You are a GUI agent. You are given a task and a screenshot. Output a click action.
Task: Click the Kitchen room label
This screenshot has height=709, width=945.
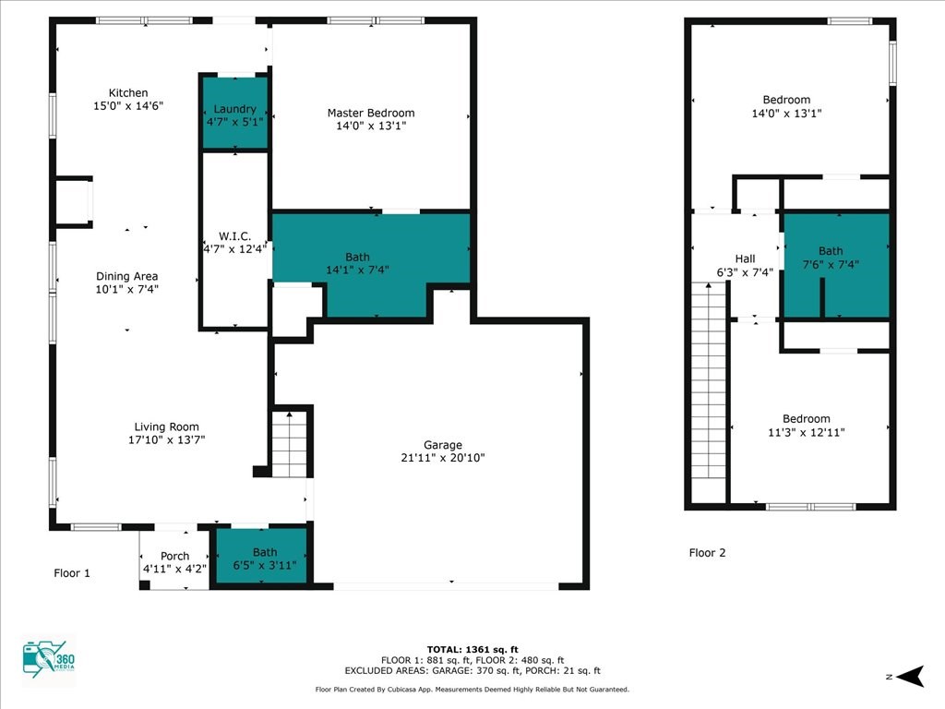(x=127, y=93)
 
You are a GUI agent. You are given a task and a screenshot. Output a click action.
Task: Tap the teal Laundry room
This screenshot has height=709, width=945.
(x=234, y=112)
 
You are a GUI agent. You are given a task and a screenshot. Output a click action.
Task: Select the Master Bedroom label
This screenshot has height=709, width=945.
(x=371, y=113)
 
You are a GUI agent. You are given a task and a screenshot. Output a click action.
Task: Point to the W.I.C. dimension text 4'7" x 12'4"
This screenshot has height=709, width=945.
(x=234, y=248)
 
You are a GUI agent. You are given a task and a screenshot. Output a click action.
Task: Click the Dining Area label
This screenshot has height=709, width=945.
(x=126, y=276)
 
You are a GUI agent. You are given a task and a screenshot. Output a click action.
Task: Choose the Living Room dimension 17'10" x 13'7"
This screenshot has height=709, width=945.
(x=166, y=439)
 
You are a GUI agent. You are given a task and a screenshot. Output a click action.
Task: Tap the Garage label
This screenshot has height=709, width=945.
(x=443, y=445)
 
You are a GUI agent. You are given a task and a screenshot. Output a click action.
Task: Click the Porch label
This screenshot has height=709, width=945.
(x=174, y=556)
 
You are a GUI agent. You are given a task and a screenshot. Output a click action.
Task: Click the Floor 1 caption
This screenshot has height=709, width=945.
(x=72, y=572)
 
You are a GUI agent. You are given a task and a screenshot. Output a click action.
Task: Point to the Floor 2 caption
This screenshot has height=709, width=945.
(x=707, y=552)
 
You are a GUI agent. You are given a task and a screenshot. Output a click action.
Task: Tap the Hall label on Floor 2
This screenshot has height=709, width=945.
(x=745, y=258)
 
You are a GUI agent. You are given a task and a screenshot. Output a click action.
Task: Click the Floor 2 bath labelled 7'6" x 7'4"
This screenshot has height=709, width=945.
(x=836, y=265)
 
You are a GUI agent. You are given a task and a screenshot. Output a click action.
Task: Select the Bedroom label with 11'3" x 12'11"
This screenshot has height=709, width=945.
(x=807, y=418)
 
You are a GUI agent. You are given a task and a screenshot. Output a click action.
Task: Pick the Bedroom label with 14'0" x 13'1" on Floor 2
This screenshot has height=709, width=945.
(x=786, y=100)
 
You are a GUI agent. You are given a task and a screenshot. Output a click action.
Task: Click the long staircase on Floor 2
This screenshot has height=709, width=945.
(x=709, y=391)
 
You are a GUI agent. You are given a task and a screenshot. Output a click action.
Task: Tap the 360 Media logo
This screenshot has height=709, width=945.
(x=49, y=659)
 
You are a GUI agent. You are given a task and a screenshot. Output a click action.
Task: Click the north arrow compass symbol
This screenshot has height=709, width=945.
(x=910, y=677)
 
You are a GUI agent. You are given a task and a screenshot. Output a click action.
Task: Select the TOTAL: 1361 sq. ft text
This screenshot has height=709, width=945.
(x=472, y=649)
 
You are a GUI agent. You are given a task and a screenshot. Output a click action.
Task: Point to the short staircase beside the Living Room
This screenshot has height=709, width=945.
(x=289, y=444)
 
